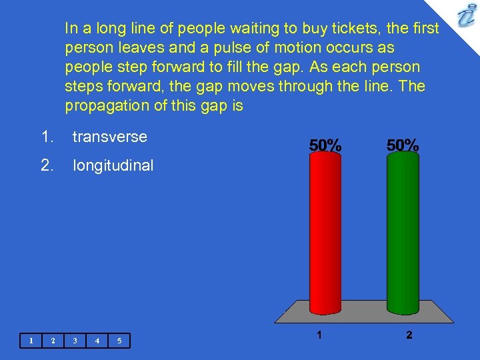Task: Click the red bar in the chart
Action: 325,233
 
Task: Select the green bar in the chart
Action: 403,233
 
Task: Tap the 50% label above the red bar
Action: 325,145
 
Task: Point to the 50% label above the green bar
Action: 403,145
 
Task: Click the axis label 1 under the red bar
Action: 320,335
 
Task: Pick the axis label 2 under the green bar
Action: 409,335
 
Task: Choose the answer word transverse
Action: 109,137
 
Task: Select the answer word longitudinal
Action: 113,165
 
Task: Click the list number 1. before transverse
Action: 47,137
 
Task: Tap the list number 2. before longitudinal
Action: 47,165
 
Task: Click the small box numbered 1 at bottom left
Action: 31,341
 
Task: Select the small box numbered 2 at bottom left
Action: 53,341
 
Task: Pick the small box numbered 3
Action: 75,341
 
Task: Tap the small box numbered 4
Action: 97,341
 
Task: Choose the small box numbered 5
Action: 119,341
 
